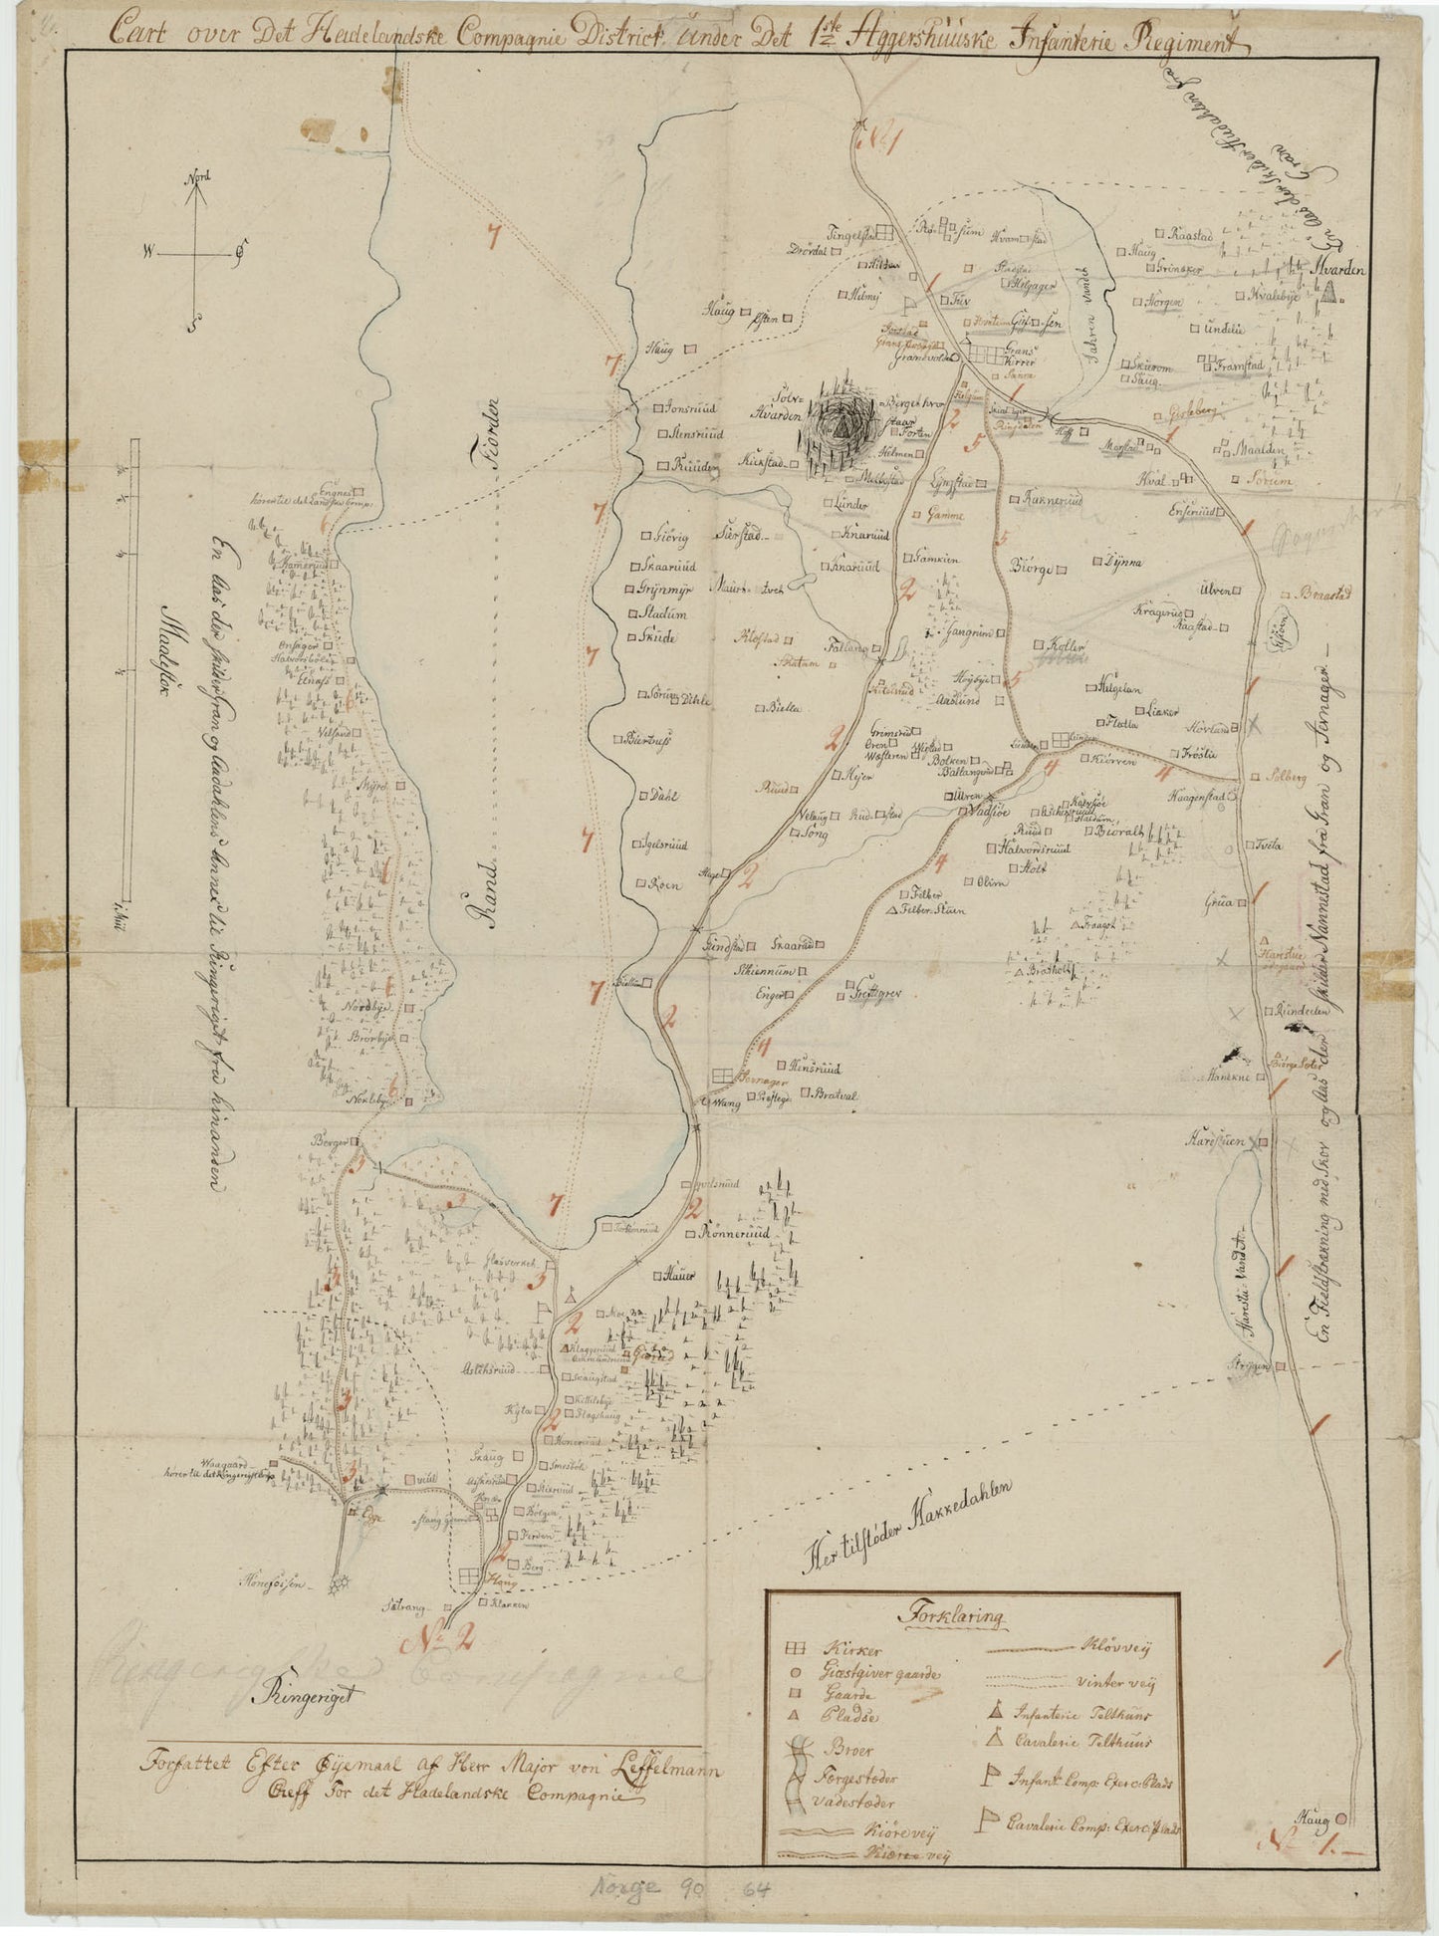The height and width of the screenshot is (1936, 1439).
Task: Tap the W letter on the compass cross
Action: pyautogui.click(x=147, y=254)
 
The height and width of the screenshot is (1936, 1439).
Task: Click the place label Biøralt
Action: pyautogui.click(x=1120, y=830)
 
